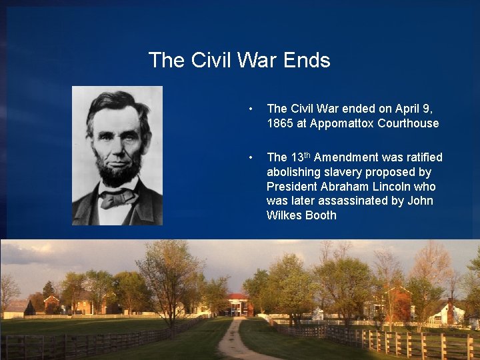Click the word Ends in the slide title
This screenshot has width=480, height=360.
(307, 60)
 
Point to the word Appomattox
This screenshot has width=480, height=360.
(344, 123)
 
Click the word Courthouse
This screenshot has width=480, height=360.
(408, 123)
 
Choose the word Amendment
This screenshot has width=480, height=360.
(344, 157)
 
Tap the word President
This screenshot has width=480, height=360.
(291, 187)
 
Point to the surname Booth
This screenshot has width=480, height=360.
(321, 215)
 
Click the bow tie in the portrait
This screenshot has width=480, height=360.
(118, 197)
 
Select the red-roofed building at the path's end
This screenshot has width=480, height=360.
(238, 305)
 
